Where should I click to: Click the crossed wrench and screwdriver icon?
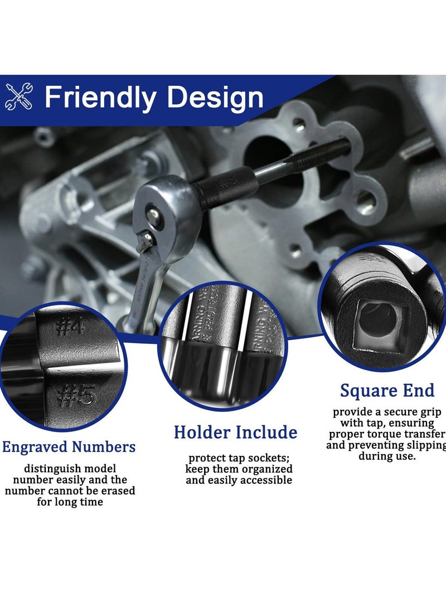point(19,96)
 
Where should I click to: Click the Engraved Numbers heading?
point(69,446)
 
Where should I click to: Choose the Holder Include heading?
point(235,432)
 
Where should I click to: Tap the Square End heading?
point(387,391)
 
